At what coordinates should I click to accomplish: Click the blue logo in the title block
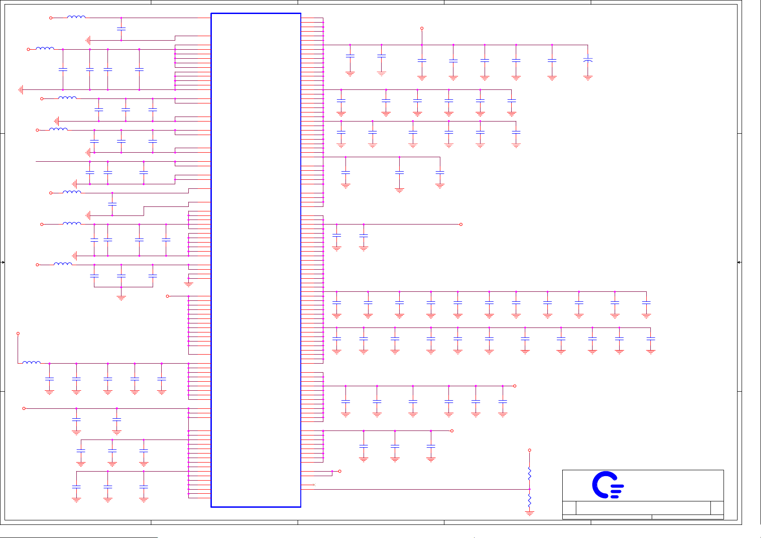click(607, 485)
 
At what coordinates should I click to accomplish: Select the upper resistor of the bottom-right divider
click(529, 473)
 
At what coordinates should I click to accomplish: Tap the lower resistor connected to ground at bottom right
click(529, 501)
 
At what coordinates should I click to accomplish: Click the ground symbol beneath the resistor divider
click(529, 513)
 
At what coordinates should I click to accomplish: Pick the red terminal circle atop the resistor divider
click(529, 450)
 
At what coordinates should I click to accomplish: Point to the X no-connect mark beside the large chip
click(314, 485)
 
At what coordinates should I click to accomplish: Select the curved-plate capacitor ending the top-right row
click(588, 60)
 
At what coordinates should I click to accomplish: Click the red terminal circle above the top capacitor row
click(422, 28)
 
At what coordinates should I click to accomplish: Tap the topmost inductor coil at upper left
click(76, 17)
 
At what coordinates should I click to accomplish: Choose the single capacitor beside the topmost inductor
click(121, 29)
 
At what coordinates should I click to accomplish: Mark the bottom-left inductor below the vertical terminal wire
click(31, 362)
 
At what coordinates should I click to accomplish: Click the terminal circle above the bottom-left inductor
click(18, 334)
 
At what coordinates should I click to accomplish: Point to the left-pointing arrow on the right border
click(739, 262)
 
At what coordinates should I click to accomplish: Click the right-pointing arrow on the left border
click(3, 262)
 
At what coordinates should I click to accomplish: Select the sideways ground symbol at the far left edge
click(21, 90)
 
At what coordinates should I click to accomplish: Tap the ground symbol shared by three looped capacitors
click(121, 297)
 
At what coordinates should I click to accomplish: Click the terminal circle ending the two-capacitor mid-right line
click(461, 225)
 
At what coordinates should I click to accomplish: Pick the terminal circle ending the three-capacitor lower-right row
click(452, 431)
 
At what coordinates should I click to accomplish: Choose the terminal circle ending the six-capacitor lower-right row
click(514, 386)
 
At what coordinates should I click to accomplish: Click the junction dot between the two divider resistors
click(529, 489)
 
